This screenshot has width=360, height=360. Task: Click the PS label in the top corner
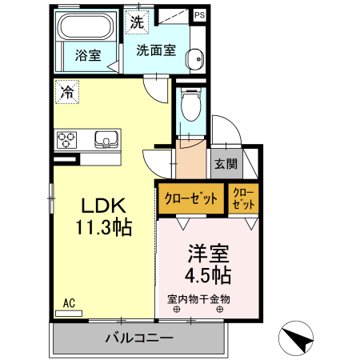(200, 14)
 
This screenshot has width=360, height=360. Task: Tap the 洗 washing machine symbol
(137, 22)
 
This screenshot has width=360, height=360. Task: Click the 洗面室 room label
(155, 51)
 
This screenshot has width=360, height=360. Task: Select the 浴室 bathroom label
(86, 56)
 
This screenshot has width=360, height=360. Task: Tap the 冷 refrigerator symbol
(66, 92)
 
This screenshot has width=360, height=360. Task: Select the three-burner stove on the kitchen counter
(66, 140)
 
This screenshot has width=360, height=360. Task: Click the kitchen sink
(106, 140)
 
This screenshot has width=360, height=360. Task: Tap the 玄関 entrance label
(226, 165)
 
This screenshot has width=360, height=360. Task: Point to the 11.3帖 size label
(104, 227)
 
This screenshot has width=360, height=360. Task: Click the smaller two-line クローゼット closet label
(244, 198)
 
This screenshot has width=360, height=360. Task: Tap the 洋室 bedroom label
(209, 255)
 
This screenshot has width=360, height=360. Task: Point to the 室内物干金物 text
(198, 299)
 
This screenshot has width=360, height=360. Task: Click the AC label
(69, 303)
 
